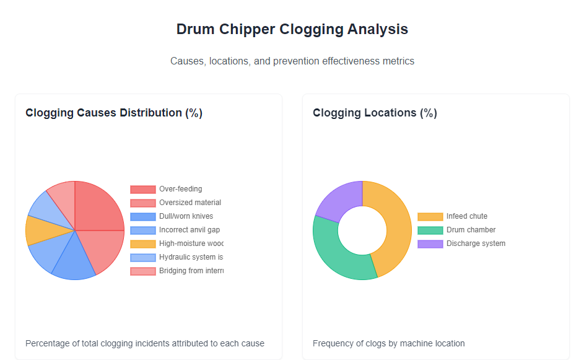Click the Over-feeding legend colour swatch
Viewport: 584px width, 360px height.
(x=142, y=190)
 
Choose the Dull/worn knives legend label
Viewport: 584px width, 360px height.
(x=186, y=216)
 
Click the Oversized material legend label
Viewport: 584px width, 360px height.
(x=190, y=203)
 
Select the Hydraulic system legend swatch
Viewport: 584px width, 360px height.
(x=142, y=257)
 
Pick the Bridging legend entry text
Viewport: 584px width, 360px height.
(x=191, y=271)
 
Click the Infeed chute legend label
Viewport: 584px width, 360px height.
(x=466, y=216)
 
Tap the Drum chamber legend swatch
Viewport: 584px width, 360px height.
(x=430, y=230)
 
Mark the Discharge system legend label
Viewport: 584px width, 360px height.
(x=476, y=244)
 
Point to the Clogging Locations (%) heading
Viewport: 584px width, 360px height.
(x=375, y=113)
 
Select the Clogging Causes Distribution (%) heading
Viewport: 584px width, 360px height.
(x=114, y=113)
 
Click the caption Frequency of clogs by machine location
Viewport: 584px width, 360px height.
(x=388, y=343)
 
